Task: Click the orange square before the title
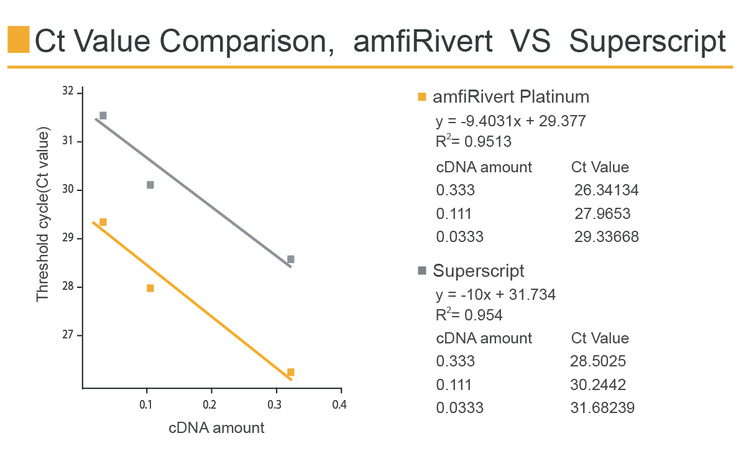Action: coord(18,40)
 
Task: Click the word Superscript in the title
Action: coord(647,41)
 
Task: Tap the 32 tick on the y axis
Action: coord(68,91)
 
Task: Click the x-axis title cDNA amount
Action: coord(216,428)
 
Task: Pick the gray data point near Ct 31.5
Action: coord(103,115)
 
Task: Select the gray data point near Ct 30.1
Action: coord(150,185)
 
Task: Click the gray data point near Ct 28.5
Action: coord(291,259)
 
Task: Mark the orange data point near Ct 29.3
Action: coord(103,222)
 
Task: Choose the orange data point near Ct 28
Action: coord(150,288)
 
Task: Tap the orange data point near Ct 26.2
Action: coord(291,372)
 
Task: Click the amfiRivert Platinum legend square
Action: coord(423,97)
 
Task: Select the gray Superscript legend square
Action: coord(423,271)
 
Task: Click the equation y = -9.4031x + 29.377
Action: coord(510,121)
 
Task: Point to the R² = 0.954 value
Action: coord(469,315)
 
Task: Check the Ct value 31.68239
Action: coord(602,408)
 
